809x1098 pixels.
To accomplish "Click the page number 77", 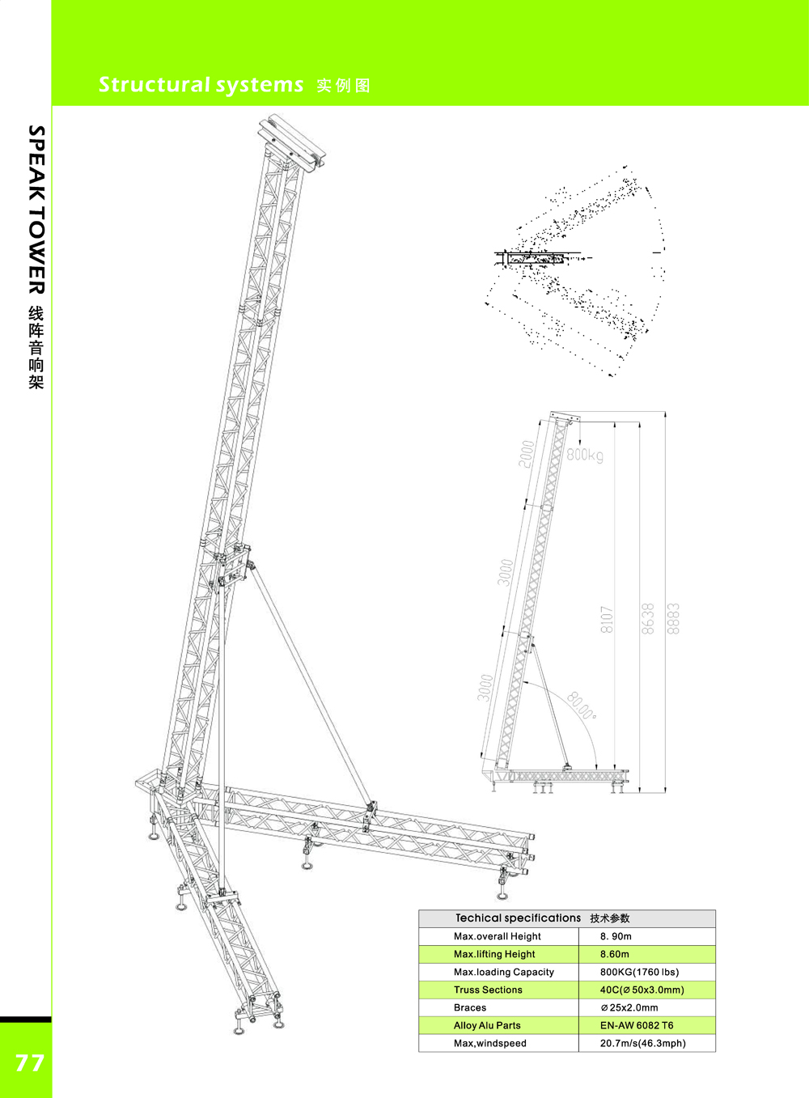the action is point(29,1062).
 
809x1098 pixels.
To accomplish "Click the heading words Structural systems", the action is point(201,85).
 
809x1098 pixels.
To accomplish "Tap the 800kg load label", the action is point(585,456).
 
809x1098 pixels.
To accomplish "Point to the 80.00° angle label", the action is point(582,706).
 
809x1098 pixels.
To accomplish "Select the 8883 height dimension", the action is point(673,619).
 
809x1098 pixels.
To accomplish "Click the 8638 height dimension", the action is point(647,619).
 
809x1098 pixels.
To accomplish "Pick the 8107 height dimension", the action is point(607,620).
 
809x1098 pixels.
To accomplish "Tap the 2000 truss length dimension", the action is point(527,453).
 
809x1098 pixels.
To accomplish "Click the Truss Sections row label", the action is point(488,990).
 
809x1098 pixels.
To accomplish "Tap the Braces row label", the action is point(470,1008).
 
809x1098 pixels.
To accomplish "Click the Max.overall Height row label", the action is point(498,936).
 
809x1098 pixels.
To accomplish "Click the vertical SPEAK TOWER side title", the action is point(36,210).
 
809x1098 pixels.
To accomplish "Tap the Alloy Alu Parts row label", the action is point(487,1025).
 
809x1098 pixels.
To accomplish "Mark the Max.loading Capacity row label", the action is point(504,972).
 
